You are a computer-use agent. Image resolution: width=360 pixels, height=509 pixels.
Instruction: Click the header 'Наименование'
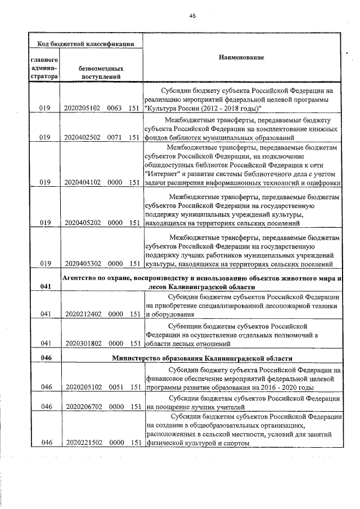coord(242,57)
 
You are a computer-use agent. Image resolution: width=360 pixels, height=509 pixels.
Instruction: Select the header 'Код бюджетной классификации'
coord(85,43)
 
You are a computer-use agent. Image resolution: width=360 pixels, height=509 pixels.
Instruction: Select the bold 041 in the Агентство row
coord(46,287)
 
